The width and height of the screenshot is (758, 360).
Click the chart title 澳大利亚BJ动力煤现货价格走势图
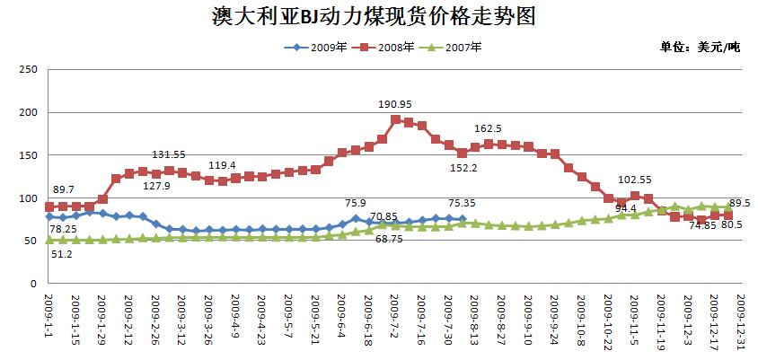click(378, 16)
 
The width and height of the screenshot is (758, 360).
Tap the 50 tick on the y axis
click(30, 241)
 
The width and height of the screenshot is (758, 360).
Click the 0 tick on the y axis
click(33, 284)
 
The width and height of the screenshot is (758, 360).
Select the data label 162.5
click(488, 128)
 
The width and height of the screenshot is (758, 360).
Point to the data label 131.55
click(168, 154)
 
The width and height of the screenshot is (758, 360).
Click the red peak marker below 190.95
click(395, 119)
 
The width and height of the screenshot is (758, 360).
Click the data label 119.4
click(223, 165)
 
